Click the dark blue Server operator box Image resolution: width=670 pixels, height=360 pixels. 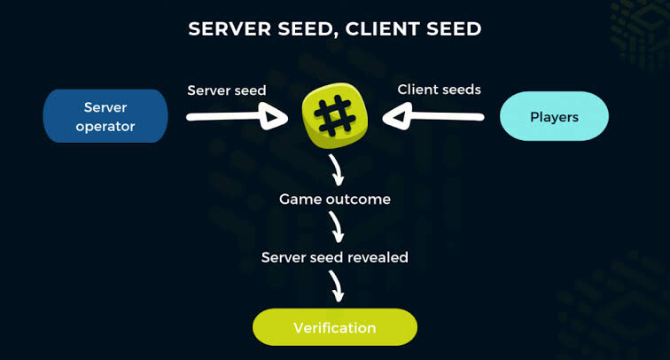coord(105,116)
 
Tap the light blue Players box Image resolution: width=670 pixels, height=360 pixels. coord(554,116)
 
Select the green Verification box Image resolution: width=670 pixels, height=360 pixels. coord(335,327)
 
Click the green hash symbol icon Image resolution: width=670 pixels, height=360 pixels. coord(335,115)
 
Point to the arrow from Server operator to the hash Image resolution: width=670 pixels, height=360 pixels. coord(238,116)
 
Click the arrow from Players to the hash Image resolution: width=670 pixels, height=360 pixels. coord(432,116)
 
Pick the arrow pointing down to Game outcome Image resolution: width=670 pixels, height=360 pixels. coord(337,170)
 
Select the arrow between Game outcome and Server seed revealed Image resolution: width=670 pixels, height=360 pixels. coord(337,227)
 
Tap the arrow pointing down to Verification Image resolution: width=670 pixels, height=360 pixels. coord(337,286)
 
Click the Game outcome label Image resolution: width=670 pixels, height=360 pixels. coord(335,200)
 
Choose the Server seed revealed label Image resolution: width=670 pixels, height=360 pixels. coord(335,257)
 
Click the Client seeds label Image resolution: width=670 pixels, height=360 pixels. coord(440,90)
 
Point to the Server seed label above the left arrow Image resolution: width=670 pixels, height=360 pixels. coord(227,90)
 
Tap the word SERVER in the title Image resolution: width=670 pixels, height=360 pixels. coord(230,29)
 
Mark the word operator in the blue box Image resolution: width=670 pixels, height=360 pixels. coord(105,127)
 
